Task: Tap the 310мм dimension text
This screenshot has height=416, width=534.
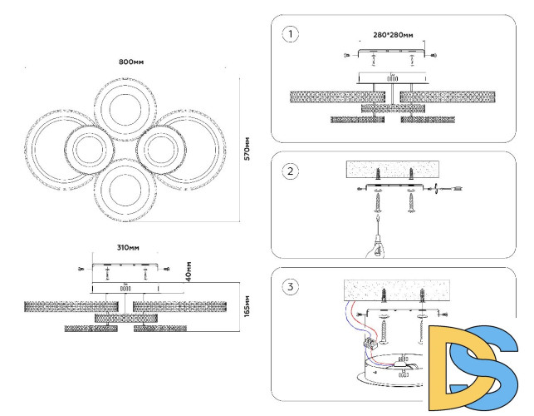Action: coord(127,248)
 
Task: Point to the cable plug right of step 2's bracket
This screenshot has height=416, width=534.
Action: coord(455,189)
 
